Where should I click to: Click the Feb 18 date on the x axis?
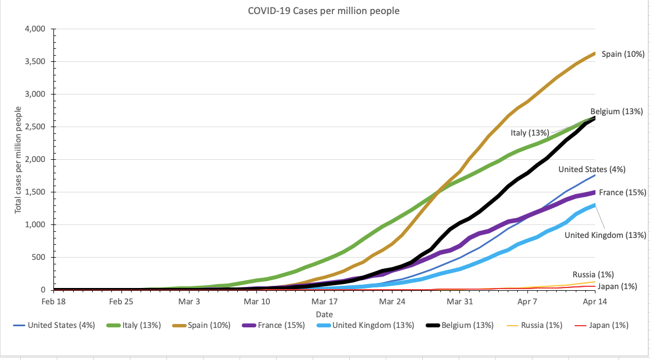click(54, 301)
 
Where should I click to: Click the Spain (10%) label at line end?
click(622, 55)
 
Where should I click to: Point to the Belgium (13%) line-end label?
click(616, 111)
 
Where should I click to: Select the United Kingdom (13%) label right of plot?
click(606, 235)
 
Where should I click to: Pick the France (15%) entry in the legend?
click(281, 325)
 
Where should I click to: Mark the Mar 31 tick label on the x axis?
click(460, 301)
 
